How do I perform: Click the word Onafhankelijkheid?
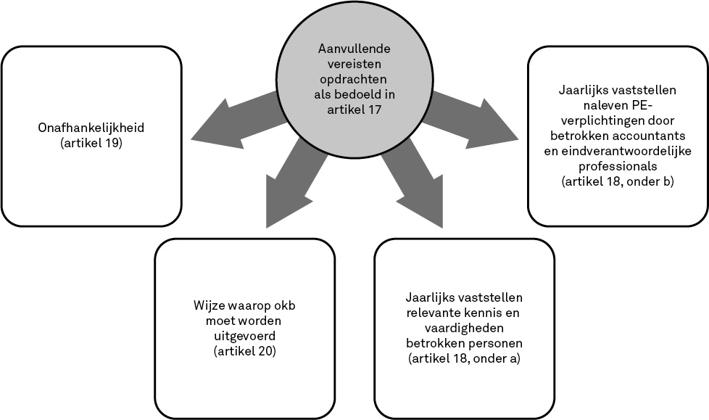pyautogui.click(x=91, y=128)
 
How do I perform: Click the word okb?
pyautogui.click(x=283, y=305)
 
